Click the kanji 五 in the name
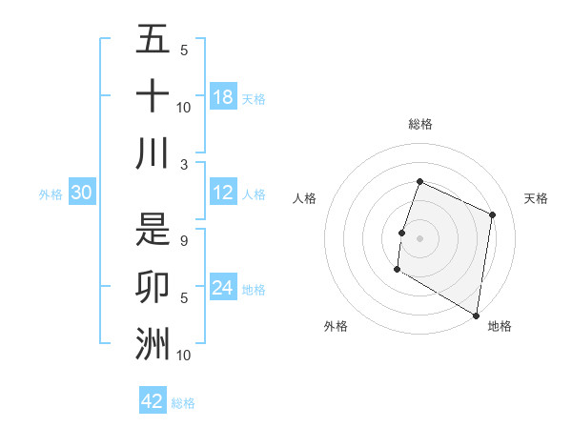(x=153, y=40)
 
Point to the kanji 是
(x=153, y=229)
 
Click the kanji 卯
(x=153, y=286)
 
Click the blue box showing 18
(x=223, y=96)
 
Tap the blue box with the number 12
(x=223, y=193)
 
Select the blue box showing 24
(x=223, y=288)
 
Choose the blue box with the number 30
(x=81, y=193)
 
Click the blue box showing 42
(x=153, y=401)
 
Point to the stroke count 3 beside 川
(x=184, y=164)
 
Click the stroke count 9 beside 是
(x=184, y=240)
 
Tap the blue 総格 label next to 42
(x=183, y=403)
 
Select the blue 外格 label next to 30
(x=51, y=194)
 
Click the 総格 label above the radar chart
(x=419, y=124)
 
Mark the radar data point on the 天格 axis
(x=493, y=214)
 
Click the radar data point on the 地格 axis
(x=476, y=315)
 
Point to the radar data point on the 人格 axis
(x=402, y=233)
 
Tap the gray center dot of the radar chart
(x=419, y=237)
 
